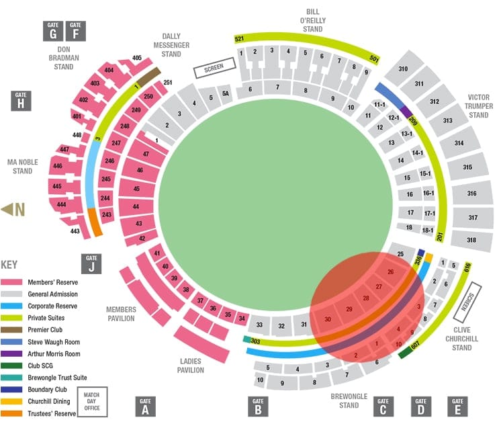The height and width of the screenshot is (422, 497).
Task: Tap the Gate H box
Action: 21,100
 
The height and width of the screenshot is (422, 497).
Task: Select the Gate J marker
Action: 91,263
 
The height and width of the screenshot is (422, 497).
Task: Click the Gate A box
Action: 145,406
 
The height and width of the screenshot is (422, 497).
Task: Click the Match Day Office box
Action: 92,401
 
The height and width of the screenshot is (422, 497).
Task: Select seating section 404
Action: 109,71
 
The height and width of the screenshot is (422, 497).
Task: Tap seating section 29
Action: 349,309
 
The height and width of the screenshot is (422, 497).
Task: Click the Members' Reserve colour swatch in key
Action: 13,282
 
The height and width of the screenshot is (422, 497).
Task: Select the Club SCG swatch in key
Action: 13,366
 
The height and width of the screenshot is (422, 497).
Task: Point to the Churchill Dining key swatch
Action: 13,402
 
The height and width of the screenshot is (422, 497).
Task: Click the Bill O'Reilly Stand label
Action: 313,20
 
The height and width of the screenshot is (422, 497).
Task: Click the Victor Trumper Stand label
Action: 478,105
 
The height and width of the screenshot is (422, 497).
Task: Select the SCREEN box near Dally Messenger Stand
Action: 214,67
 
